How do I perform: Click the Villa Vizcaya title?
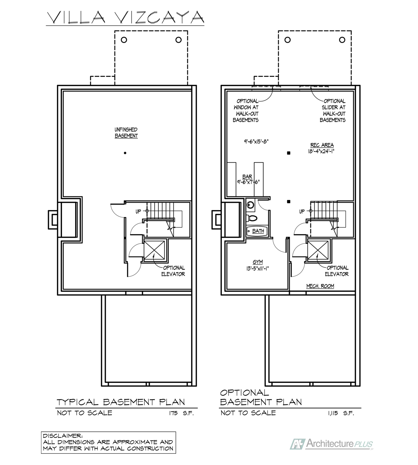pyautogui.click(x=125, y=17)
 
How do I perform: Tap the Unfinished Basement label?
pyautogui.click(x=126, y=133)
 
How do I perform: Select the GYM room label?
pyautogui.click(x=257, y=262)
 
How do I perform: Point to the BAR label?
pyautogui.click(x=247, y=177)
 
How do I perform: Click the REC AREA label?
pyautogui.click(x=322, y=145)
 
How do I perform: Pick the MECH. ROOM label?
pyautogui.click(x=320, y=286)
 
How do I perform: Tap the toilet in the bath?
pyautogui.click(x=251, y=218)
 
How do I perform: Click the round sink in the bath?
pyautogui.click(x=250, y=205)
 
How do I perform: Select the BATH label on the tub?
pyautogui.click(x=258, y=231)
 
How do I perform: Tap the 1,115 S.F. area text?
pyautogui.click(x=341, y=413)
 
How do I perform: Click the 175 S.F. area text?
pyautogui.click(x=181, y=413)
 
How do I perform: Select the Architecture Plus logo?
pyautogui.click(x=332, y=444)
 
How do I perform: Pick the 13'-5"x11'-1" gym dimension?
pyautogui.click(x=257, y=269)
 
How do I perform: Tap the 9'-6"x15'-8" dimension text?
pyautogui.click(x=256, y=141)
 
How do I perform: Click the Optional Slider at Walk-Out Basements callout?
pyautogui.click(x=333, y=110)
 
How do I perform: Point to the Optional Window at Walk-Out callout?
pyautogui.click(x=246, y=110)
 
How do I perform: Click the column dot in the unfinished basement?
pyautogui.click(x=125, y=153)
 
